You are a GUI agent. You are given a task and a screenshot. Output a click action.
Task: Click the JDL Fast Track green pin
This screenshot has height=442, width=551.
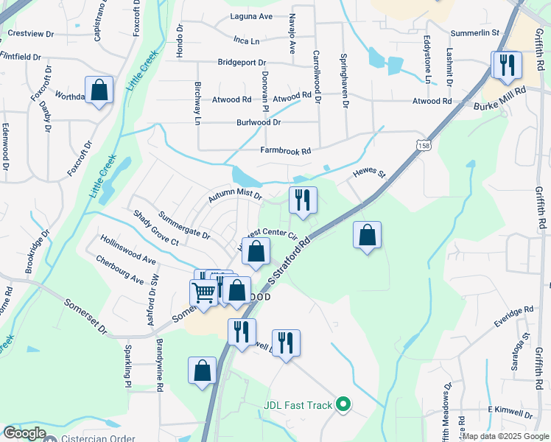[343, 404]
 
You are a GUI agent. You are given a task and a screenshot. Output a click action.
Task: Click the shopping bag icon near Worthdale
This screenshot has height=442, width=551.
[99, 90]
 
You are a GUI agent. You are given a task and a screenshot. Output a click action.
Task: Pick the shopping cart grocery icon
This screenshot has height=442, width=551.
[204, 292]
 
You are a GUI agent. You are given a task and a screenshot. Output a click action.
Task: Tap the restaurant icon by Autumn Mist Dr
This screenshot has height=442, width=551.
[302, 200]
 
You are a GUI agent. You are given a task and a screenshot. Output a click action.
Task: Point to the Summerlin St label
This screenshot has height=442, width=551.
[475, 33]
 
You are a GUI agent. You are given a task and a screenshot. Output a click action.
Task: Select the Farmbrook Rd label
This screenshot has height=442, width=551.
[286, 150]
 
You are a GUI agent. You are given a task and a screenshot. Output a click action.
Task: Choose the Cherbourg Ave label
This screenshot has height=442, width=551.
[120, 270]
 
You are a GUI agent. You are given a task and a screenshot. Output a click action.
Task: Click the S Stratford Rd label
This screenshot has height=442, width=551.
[295, 259]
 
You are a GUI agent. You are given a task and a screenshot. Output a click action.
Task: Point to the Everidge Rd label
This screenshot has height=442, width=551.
[513, 322]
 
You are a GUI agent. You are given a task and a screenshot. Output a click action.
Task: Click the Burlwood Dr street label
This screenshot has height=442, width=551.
[259, 122]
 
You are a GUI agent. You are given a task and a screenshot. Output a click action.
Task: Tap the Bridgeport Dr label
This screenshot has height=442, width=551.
[242, 63]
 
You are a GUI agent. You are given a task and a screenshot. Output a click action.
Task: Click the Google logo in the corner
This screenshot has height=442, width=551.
[24, 433]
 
